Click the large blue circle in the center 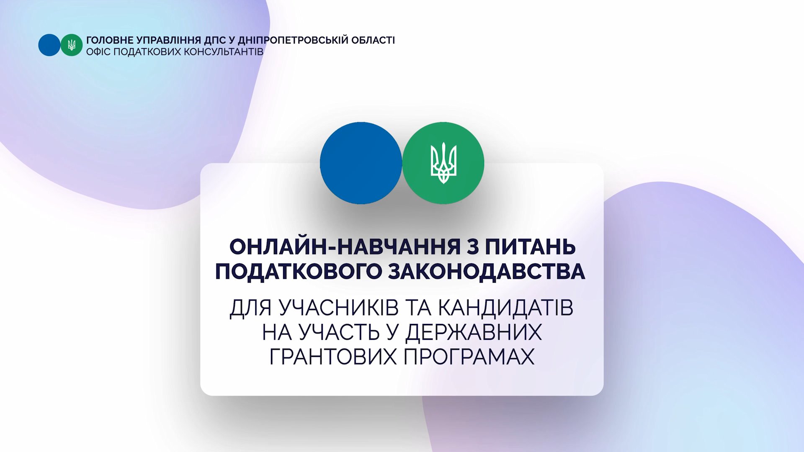(361, 163)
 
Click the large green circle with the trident (443, 163)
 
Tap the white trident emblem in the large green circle (443, 163)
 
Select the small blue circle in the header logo (49, 45)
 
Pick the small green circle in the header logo (72, 45)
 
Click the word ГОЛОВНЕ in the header (110, 40)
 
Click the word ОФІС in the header (98, 52)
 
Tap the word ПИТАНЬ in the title (530, 247)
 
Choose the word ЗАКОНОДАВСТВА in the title (487, 272)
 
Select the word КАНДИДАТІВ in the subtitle (506, 308)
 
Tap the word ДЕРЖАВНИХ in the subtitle (474, 332)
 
